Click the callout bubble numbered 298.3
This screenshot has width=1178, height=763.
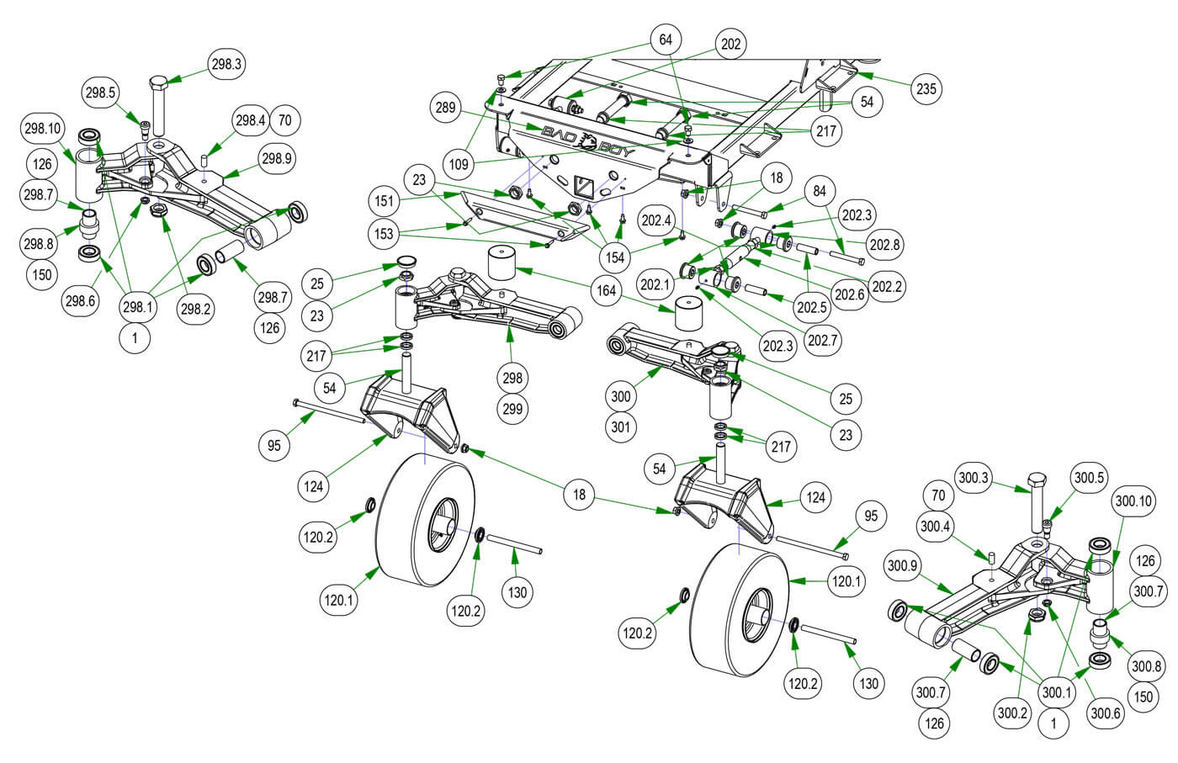(x=226, y=65)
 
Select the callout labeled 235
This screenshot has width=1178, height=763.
(x=926, y=88)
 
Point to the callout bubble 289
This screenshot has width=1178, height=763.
(x=446, y=108)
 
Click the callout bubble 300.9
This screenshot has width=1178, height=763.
(x=901, y=566)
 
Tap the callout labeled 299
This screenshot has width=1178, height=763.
(x=512, y=410)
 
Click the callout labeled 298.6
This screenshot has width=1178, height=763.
(x=80, y=301)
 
